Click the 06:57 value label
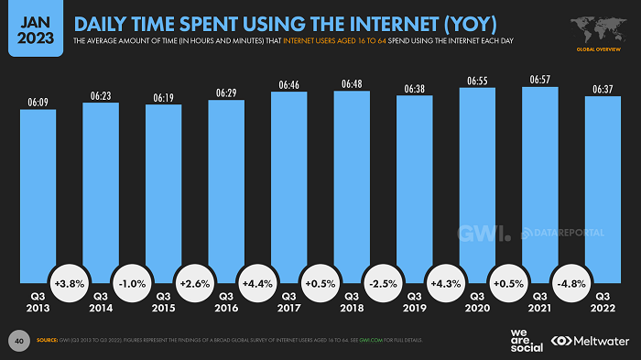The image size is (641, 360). [539, 81]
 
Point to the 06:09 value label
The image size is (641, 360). [38, 103]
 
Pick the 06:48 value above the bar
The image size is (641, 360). [352, 83]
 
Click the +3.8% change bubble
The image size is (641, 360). [70, 285]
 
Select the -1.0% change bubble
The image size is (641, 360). [132, 285]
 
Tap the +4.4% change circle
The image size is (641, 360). [257, 285]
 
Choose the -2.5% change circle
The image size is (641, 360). [383, 285]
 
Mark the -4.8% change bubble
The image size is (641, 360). [571, 285]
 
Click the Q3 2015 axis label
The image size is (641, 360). [164, 302]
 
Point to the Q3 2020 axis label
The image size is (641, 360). [477, 302]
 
